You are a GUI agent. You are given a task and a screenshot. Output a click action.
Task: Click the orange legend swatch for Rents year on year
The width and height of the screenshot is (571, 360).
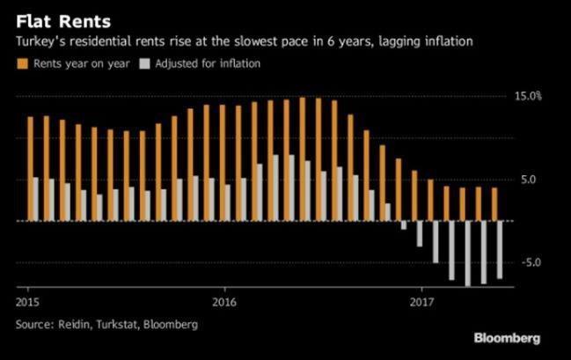(x=22, y=63)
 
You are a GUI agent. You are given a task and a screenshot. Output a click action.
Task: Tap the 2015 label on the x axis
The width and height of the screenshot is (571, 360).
(x=27, y=300)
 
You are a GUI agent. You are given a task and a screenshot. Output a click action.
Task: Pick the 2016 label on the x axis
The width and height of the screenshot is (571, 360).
(x=224, y=300)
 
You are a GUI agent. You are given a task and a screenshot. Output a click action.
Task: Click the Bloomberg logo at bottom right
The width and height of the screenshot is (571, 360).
(x=507, y=338)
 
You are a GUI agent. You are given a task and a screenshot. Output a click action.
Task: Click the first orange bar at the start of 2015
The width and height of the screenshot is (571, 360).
(x=31, y=168)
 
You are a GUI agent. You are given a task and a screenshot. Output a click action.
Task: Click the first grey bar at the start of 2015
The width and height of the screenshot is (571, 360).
(x=36, y=199)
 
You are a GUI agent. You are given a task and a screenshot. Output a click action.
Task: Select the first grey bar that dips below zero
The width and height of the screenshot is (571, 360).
(x=404, y=225)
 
